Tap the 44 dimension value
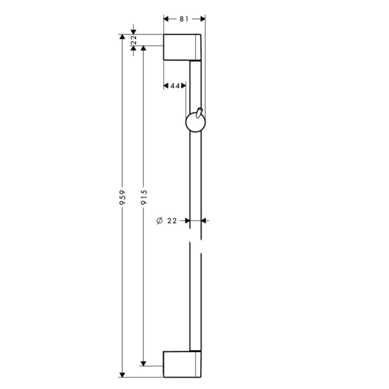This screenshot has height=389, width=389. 176,86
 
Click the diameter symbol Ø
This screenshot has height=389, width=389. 159,221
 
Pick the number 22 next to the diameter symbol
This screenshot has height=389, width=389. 172,221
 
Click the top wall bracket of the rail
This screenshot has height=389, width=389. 182,47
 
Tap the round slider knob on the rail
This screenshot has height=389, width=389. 194,121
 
